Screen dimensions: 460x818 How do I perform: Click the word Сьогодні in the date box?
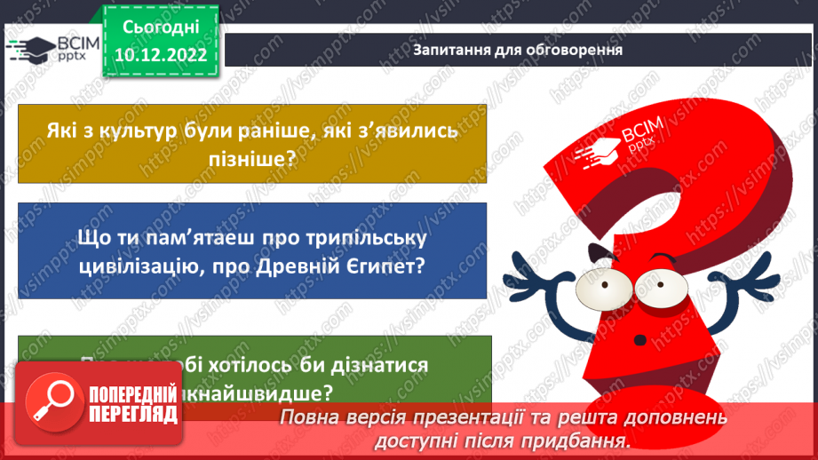160,28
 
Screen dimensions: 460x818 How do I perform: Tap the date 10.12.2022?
160,55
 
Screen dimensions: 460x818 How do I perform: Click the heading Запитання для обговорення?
517,50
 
